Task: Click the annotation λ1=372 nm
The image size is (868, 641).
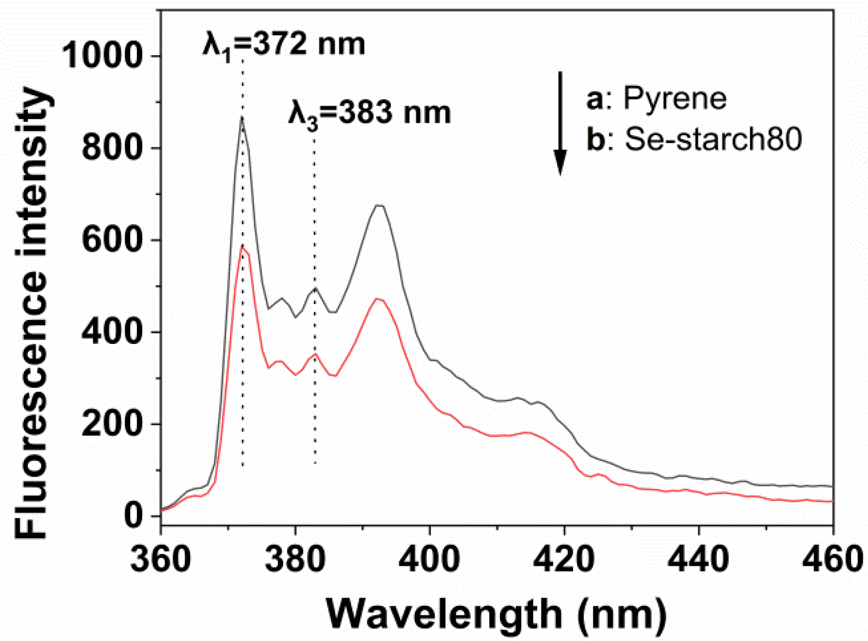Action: coord(284,45)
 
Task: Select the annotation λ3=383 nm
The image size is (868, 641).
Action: coord(369,114)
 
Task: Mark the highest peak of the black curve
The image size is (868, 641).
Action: coord(241,118)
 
